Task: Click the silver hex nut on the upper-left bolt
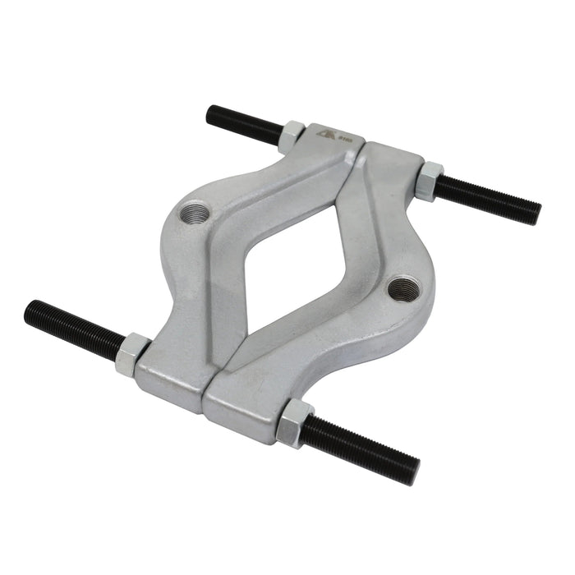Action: point(291,136)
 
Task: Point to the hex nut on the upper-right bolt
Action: point(428,181)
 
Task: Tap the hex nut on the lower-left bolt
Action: point(132,354)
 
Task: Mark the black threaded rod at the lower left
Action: point(74,327)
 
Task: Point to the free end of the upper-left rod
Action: point(211,113)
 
